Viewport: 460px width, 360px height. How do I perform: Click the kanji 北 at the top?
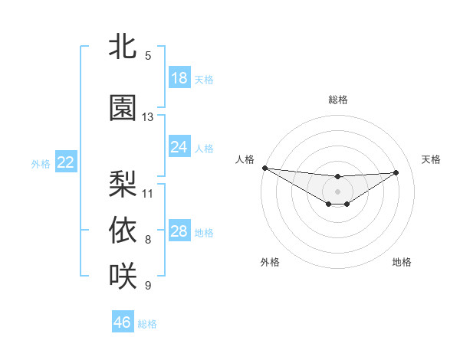click(x=123, y=46)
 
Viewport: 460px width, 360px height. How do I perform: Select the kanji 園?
click(x=123, y=108)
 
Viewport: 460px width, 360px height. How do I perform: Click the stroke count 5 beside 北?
click(x=148, y=55)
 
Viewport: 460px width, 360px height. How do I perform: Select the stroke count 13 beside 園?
click(x=148, y=117)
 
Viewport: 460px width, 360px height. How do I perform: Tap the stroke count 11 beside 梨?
click(x=148, y=193)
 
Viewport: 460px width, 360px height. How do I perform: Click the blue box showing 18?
click(x=179, y=78)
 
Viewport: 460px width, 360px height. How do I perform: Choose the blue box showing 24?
click(x=179, y=146)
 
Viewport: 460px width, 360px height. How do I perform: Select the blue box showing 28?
click(x=179, y=231)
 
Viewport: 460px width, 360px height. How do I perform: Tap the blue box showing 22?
click(x=66, y=162)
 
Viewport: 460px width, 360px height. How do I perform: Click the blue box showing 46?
click(x=123, y=322)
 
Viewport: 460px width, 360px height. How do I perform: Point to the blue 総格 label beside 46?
click(x=147, y=324)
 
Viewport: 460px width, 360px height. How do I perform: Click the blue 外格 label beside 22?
click(x=41, y=163)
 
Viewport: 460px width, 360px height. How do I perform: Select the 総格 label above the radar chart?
click(x=337, y=100)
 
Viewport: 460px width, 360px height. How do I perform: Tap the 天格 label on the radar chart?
click(x=431, y=159)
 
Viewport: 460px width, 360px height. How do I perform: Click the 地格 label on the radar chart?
click(x=402, y=262)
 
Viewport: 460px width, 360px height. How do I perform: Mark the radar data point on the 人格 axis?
click(x=264, y=168)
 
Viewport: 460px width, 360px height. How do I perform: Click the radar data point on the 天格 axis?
click(x=396, y=172)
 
